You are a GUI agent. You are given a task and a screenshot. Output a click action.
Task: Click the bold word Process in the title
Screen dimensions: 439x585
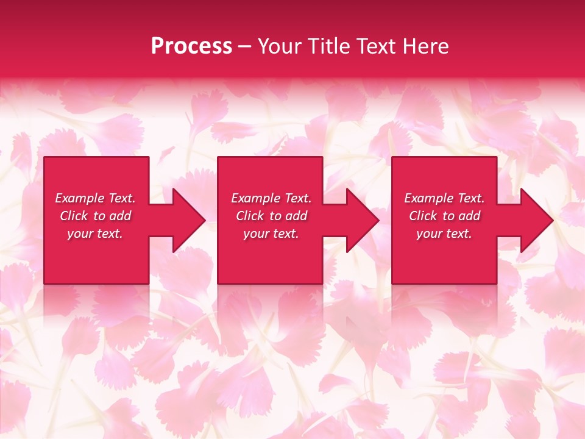191,46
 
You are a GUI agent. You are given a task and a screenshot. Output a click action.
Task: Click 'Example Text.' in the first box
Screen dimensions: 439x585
95,198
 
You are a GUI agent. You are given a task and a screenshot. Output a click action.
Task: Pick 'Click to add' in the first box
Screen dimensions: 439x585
95,216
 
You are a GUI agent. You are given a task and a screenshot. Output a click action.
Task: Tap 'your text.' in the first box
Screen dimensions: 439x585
95,234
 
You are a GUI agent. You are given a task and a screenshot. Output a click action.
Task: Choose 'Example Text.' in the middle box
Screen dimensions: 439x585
271,198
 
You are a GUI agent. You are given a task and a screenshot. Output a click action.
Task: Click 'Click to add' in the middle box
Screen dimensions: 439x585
271,216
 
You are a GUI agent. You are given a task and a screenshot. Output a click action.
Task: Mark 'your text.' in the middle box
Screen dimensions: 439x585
271,234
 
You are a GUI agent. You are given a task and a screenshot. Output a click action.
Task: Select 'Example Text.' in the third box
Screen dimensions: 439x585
444,198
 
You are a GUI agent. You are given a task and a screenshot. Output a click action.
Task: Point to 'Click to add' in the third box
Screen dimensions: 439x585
444,216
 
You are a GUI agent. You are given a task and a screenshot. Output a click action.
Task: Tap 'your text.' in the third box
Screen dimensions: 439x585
444,234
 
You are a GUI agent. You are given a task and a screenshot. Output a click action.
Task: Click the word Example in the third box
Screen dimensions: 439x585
429,198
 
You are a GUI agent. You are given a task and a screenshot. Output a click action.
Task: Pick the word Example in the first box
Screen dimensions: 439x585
80,198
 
